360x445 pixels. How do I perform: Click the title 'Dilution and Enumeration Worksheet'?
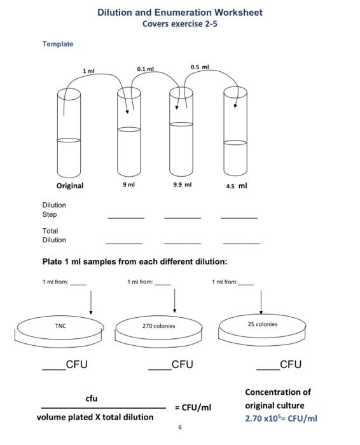(179, 12)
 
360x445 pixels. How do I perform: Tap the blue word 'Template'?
(58, 44)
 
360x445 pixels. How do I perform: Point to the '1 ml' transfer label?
(88, 71)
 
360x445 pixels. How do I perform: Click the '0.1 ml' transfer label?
(146, 67)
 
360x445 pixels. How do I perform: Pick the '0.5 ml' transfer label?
(200, 66)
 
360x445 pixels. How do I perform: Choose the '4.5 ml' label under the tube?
(236, 186)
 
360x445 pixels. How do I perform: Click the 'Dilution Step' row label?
(54, 210)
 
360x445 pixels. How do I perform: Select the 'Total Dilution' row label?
(54, 235)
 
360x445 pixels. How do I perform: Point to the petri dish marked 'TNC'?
(62, 329)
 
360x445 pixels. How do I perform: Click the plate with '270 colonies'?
(159, 329)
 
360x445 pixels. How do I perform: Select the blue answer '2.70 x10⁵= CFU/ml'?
(281, 418)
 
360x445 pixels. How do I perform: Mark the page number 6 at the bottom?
(180, 427)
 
